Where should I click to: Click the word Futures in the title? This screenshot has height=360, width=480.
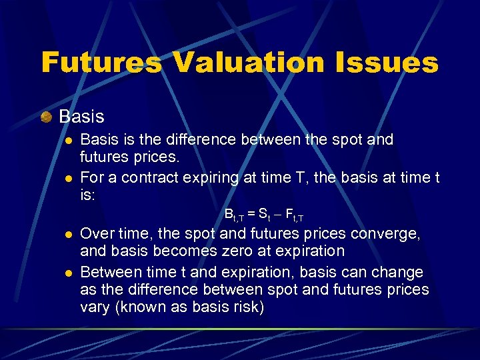101,63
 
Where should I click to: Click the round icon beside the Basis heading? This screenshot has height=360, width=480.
46,117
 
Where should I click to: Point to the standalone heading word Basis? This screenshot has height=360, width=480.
81,117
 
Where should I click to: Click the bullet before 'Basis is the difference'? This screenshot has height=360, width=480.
68,141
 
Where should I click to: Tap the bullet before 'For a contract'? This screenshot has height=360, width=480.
68,178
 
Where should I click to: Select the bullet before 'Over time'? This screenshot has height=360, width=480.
68,235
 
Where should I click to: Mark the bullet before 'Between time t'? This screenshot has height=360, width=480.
68,273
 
